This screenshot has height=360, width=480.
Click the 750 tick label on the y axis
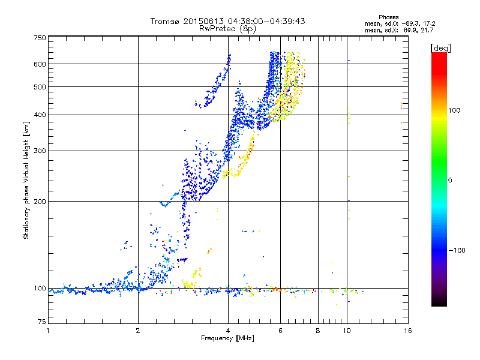pos(40,37)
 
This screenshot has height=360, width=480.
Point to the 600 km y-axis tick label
pos(40,64)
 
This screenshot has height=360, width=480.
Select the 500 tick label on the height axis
pos(40,86)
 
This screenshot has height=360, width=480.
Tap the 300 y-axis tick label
pos(40,151)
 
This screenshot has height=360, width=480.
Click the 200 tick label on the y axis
pos(40,201)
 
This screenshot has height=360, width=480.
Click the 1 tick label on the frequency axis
pos(48,331)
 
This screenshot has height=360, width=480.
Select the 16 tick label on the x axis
pos(407,331)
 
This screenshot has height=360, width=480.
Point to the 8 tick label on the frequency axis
pos(318,331)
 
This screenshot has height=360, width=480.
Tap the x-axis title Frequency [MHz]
pos(227,338)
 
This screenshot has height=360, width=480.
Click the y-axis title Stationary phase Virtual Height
pos(26,180)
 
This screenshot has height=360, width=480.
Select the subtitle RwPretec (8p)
pos(227,28)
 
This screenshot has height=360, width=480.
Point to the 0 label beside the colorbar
pos(451,180)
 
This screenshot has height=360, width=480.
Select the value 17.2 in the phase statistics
pos(427,23)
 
